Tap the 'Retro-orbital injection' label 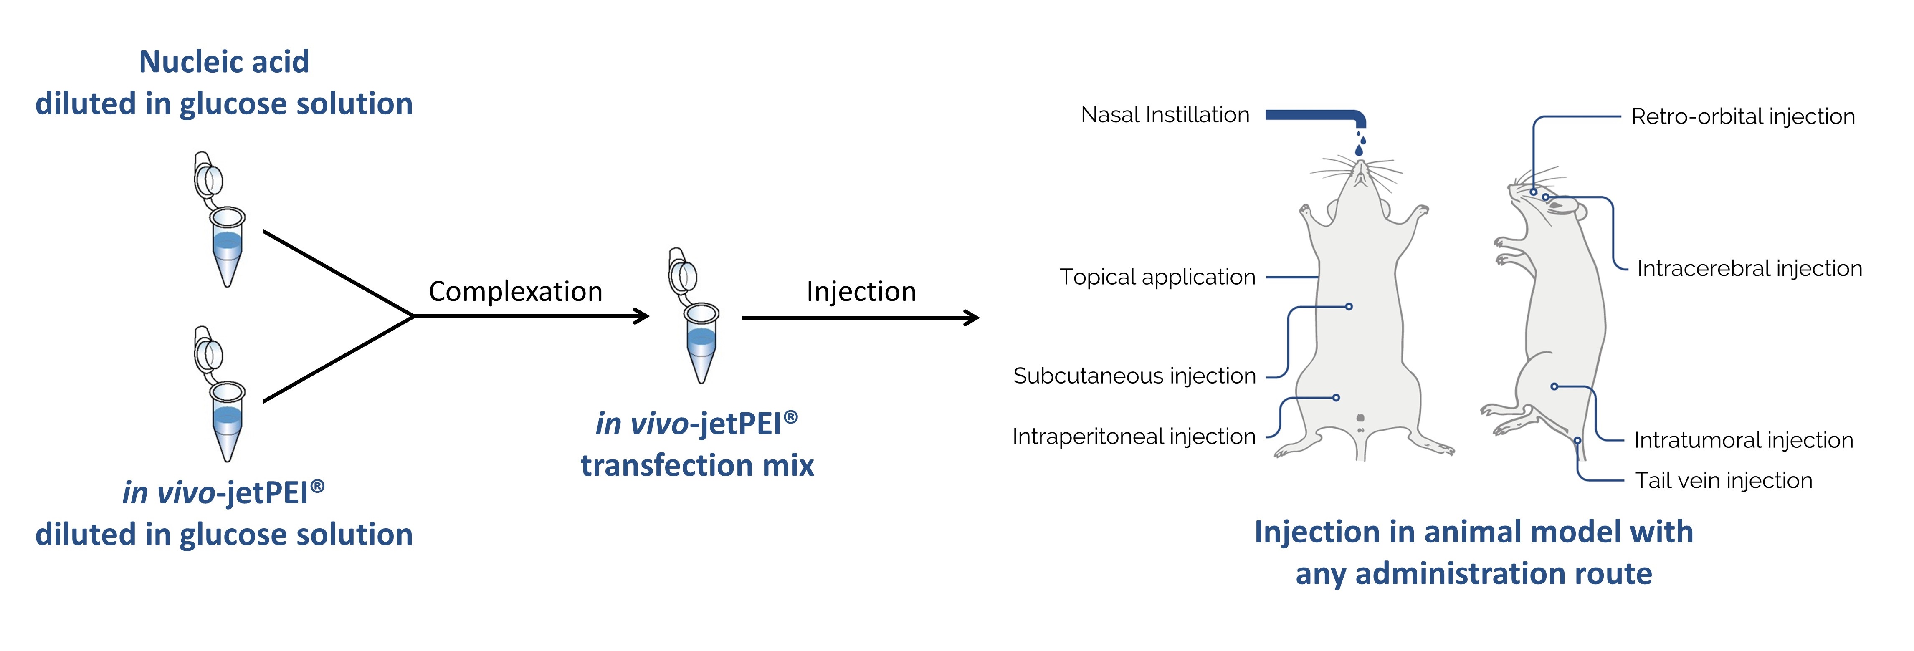pos(1742,116)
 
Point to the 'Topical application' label pos(1157,277)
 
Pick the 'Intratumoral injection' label pos(1743,440)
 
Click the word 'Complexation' pos(515,292)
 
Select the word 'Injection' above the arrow pos(861,292)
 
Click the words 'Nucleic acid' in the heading pos(224,62)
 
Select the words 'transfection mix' pos(697,465)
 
